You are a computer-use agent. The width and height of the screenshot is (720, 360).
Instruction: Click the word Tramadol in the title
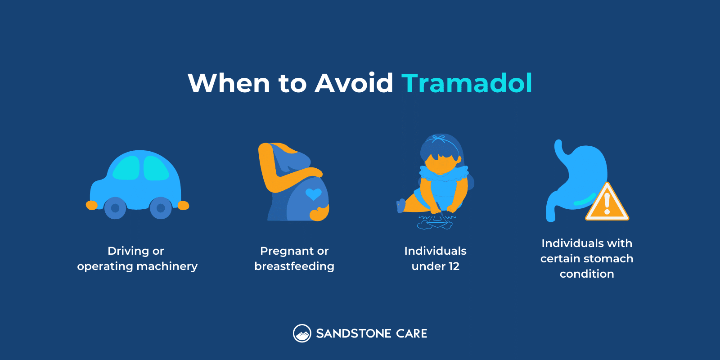point(467,83)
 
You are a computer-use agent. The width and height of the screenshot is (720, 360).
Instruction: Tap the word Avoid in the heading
point(354,83)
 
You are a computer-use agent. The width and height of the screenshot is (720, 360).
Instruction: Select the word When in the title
point(229,83)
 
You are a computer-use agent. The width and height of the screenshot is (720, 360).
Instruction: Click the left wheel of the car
point(115,208)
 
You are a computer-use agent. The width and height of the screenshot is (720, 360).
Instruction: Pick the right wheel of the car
point(161,208)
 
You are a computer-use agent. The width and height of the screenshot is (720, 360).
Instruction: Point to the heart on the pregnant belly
point(313,194)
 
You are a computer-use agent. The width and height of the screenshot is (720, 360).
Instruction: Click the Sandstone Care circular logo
point(302,333)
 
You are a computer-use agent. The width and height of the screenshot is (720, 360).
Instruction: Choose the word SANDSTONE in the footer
point(354,333)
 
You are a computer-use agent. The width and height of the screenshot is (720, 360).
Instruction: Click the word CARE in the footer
point(412,333)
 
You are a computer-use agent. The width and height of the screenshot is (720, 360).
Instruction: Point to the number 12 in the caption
point(454,266)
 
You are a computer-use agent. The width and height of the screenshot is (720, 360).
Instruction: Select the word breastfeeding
point(294,266)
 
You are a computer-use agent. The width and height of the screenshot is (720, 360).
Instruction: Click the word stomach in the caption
point(608,259)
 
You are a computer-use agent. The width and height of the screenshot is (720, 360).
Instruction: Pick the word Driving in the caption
point(128,251)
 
